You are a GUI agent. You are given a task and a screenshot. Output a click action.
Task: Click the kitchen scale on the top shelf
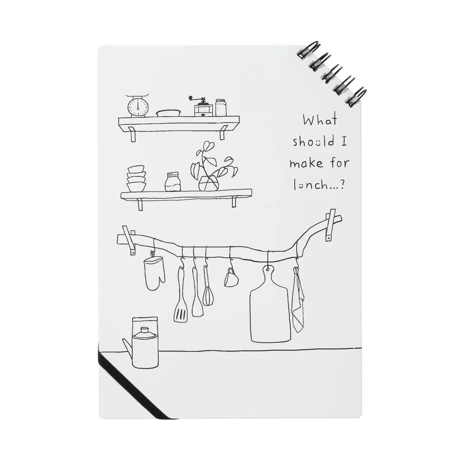138,106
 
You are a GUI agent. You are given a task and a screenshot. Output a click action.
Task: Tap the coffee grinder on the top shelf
203,107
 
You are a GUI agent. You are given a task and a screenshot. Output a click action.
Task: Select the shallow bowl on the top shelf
168,113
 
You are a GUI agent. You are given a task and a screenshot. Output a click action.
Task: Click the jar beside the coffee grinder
221,108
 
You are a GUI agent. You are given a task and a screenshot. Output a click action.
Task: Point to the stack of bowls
137,178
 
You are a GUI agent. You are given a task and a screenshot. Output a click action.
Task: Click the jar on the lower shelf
173,182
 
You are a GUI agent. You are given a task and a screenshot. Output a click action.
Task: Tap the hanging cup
230,277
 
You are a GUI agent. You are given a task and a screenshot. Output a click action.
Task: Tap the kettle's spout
127,346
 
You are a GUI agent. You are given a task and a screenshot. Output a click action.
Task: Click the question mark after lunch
342,185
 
